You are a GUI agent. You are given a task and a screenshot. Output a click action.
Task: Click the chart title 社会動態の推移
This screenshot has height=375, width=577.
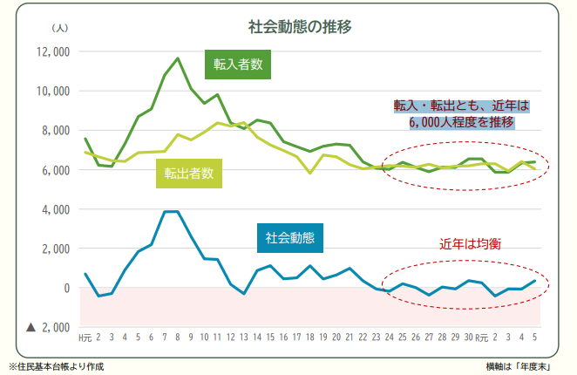pyautogui.click(x=288, y=26)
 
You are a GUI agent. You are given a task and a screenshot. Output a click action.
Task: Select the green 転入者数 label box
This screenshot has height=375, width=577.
pyautogui.click(x=240, y=64)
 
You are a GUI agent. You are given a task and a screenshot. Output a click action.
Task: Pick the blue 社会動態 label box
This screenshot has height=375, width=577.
pyautogui.click(x=290, y=236)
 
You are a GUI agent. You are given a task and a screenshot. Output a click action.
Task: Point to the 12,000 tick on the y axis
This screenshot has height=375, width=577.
pyautogui.click(x=52, y=51)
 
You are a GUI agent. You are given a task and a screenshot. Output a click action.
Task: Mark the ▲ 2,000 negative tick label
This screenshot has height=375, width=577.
pyautogui.click(x=48, y=327)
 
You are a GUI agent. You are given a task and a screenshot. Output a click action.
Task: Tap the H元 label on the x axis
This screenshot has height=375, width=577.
pyautogui.click(x=85, y=337)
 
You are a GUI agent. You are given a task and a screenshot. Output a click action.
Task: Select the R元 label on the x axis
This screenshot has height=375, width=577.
pyautogui.click(x=481, y=337)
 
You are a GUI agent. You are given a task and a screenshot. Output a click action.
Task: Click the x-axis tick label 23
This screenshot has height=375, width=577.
pyautogui.click(x=376, y=337)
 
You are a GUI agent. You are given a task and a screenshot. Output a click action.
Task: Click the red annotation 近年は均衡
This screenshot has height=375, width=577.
pyautogui.click(x=470, y=244)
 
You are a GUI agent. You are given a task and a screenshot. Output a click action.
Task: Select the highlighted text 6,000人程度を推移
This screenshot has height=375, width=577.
pyautogui.click(x=462, y=122)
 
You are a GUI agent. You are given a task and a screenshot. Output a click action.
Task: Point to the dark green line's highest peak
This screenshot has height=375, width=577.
pyautogui.click(x=178, y=58)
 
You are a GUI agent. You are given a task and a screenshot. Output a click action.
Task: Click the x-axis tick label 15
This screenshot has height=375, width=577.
pyautogui.click(x=270, y=337)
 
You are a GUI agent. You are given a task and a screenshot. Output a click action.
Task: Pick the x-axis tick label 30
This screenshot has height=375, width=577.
pyautogui.click(x=468, y=337)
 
